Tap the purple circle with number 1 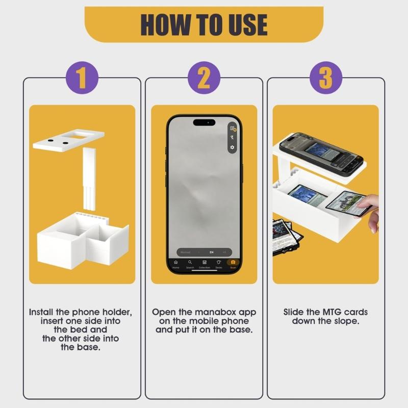tap(82, 78)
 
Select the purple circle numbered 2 tap(204, 78)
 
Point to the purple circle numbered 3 tap(326, 78)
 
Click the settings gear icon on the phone tap(232, 147)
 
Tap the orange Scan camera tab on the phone tap(233, 263)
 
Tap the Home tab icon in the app tap(176, 263)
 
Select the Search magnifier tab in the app tap(190, 263)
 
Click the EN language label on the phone tap(211, 252)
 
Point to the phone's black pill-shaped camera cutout tap(204, 122)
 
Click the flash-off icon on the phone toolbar tap(232, 138)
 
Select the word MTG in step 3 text tap(327, 312)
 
